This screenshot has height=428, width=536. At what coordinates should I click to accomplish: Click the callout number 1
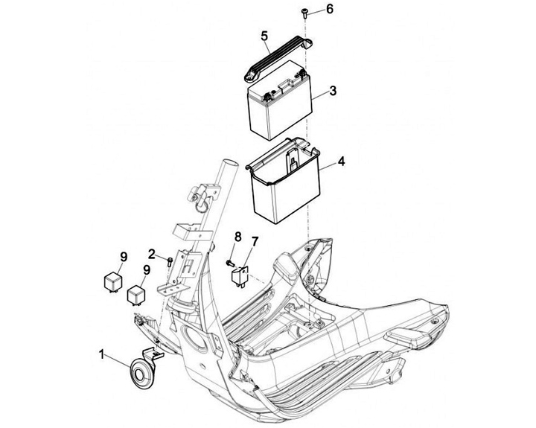pyautogui.click(x=101, y=354)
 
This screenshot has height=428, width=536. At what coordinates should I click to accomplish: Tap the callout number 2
pyautogui.click(x=152, y=254)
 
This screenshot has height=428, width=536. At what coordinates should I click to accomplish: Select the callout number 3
pyautogui.click(x=332, y=91)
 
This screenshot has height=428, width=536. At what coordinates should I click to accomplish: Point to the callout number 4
pyautogui.click(x=341, y=162)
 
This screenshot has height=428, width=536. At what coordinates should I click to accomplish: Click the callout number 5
pyautogui.click(x=264, y=36)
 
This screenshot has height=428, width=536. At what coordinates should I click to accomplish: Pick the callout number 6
pyautogui.click(x=329, y=9)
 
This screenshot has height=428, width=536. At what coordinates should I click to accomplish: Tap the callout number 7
pyautogui.click(x=254, y=242)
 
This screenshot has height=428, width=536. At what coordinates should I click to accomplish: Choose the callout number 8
pyautogui.click(x=238, y=236)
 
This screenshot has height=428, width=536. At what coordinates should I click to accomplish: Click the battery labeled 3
pyautogui.click(x=281, y=100)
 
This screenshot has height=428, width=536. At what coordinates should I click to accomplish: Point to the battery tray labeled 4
pyautogui.click(x=283, y=179)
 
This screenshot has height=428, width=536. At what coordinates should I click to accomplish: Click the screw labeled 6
pyautogui.click(x=304, y=13)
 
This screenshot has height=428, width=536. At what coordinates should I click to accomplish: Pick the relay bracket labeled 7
pyautogui.click(x=240, y=275)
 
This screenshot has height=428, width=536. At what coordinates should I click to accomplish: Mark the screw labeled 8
pyautogui.click(x=230, y=263)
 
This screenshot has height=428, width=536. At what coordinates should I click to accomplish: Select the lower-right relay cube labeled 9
pyautogui.click(x=135, y=295)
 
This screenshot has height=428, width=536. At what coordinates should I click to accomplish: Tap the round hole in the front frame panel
pyautogui.click(x=194, y=338)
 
